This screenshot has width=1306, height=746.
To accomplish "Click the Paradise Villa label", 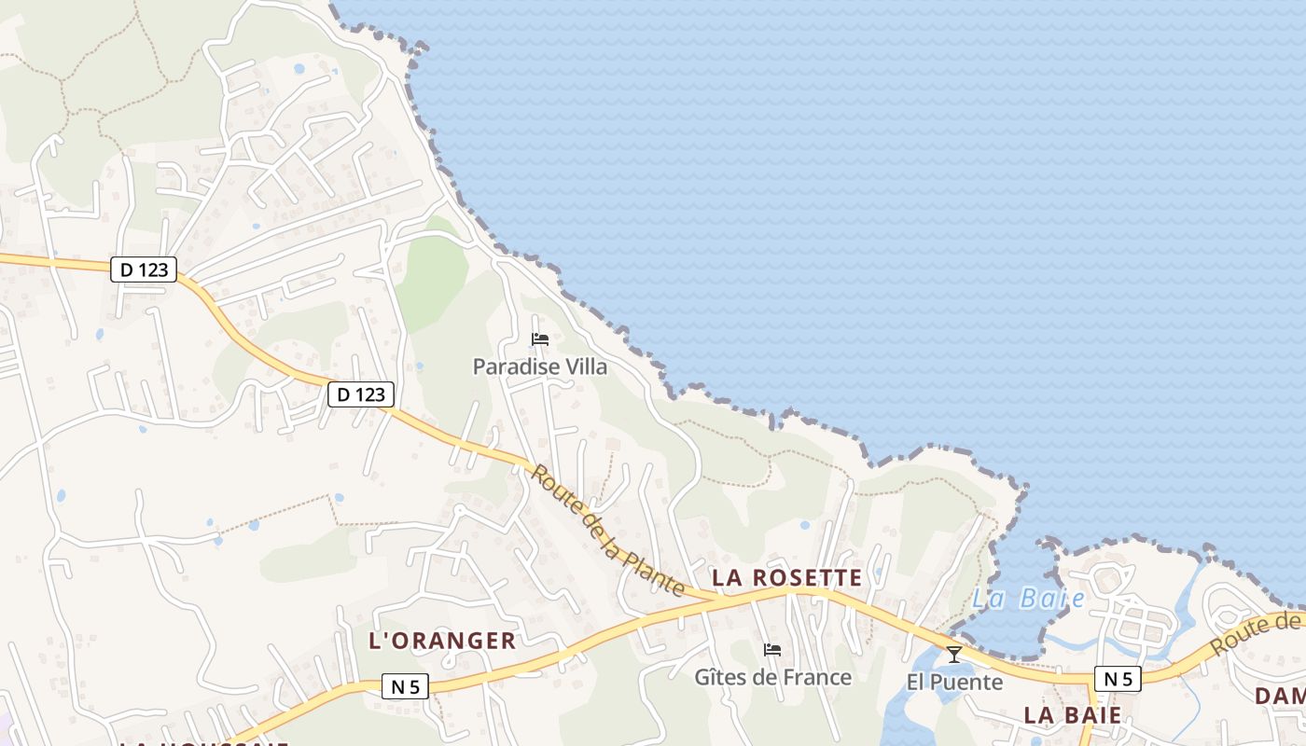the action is point(539,366).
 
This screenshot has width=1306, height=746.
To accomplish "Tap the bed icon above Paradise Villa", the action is point(539,338).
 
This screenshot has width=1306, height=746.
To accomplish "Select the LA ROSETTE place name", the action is point(786,578).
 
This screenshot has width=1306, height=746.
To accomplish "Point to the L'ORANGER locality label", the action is point(442,641).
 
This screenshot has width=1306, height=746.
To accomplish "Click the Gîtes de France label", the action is point(772,677).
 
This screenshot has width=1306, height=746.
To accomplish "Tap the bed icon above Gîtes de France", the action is point(771,649).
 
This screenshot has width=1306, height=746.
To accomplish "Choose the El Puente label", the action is point(954,683).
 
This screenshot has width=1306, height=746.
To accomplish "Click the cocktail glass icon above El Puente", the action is point(953,655).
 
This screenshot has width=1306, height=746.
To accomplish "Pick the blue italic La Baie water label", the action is point(1028,599).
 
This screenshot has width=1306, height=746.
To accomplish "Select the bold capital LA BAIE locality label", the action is point(1072,715).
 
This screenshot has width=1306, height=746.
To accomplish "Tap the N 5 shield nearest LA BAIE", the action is point(1118,679).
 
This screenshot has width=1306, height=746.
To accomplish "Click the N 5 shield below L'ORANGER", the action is point(406,687).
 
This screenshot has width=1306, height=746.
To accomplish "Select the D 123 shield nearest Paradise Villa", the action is point(361,394).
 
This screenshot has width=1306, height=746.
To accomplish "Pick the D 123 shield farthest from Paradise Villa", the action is point(144,269).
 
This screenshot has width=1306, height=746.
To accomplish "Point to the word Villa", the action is point(585,366).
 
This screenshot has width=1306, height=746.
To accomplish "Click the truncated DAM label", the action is point(1280,696).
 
